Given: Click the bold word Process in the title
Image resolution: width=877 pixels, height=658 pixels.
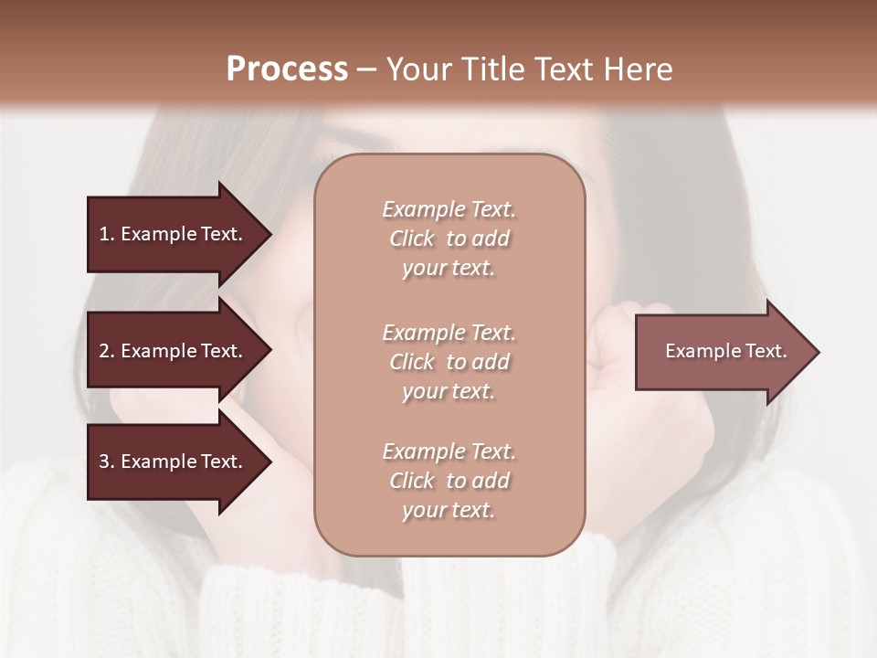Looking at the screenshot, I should [x=287, y=69].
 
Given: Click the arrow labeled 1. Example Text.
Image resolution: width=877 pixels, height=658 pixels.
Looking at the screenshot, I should [x=171, y=234].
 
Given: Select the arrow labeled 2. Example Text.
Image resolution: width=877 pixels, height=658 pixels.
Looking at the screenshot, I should [x=171, y=351].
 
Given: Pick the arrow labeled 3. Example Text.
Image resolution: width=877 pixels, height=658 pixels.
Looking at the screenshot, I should [x=171, y=462].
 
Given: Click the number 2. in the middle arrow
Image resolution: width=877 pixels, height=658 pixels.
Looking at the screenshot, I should [x=107, y=351].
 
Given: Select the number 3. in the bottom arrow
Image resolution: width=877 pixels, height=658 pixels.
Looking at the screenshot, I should [x=107, y=462].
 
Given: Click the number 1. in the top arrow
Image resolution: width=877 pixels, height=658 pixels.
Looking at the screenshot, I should [x=106, y=234].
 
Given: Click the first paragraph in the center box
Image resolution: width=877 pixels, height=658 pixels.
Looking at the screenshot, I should [x=449, y=239].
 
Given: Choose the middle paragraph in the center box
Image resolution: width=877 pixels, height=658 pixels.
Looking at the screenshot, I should [x=449, y=362].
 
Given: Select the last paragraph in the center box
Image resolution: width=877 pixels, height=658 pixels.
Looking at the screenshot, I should [x=449, y=481].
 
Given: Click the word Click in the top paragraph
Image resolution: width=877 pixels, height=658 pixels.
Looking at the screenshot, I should [x=412, y=239].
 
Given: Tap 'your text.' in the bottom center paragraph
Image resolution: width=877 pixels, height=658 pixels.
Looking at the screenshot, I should [x=449, y=510].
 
